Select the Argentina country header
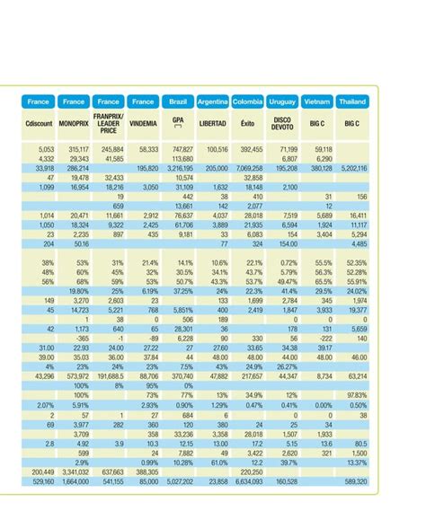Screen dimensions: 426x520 coord(213,102)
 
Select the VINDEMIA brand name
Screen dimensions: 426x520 coord(143,121)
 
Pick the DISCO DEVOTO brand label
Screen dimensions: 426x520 coord(282,121)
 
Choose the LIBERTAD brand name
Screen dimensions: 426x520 coord(213,121)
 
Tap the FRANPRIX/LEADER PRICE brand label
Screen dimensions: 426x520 coord(108,121)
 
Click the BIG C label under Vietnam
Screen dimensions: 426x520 coord(318,121)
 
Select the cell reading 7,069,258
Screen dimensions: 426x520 coord(249,168)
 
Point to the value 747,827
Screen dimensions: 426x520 coord(182,149)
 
